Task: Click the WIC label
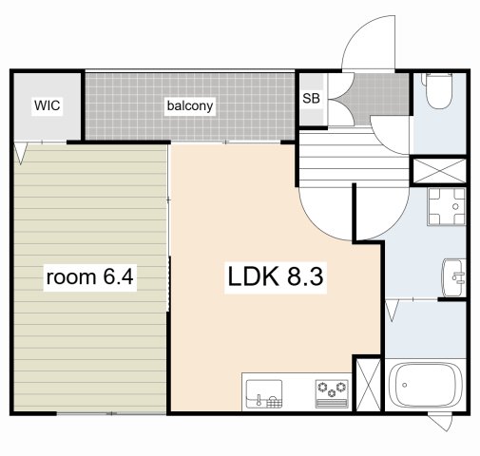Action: (x=48, y=105)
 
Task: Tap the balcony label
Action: (x=190, y=105)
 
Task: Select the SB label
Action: (x=311, y=99)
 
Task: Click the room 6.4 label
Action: (x=89, y=277)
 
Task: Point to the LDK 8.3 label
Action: (x=276, y=276)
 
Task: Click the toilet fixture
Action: (x=439, y=90)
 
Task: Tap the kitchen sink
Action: (x=264, y=393)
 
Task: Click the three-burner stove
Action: (x=332, y=393)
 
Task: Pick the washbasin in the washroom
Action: (x=453, y=277)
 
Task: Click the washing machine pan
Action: (x=447, y=206)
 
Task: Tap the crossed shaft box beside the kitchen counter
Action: (x=368, y=385)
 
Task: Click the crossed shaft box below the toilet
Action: (x=440, y=171)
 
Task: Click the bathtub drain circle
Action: (x=405, y=385)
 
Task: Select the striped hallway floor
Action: (x=354, y=160)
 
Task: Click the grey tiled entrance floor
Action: (x=380, y=94)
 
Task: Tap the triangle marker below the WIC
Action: (x=21, y=154)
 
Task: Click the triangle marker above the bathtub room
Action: (x=393, y=311)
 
